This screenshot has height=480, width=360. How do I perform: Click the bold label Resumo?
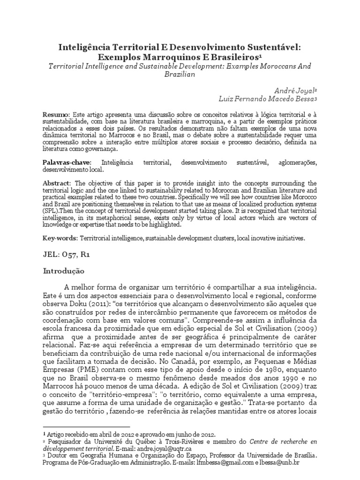pos(56,114)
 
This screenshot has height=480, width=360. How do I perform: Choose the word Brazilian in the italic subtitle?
pos(180,75)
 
